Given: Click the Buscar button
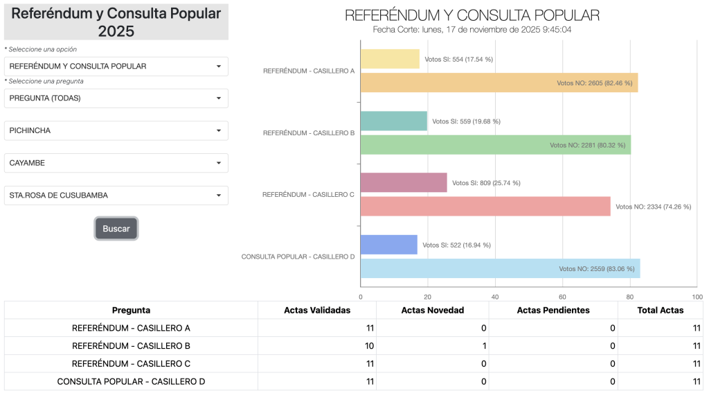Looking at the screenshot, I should click(x=116, y=229).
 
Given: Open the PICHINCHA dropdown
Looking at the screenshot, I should click(x=116, y=130).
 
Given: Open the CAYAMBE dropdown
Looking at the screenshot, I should click(x=116, y=163).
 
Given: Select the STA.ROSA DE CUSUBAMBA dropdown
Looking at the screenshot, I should click(x=116, y=196).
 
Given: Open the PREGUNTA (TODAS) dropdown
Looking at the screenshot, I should click(x=116, y=98).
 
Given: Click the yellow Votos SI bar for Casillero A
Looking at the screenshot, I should click(x=390, y=59).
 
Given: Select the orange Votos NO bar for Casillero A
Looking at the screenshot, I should click(x=499, y=83).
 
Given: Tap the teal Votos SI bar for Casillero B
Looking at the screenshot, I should click(x=393, y=121).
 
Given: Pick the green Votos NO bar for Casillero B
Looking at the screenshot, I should click(x=495, y=145).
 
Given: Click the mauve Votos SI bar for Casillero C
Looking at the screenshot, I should click(x=404, y=182).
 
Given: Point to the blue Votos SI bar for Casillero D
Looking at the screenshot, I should click(x=388, y=245).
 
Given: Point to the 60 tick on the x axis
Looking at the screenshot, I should click(x=563, y=297).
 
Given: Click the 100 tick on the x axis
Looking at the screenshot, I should click(x=697, y=297).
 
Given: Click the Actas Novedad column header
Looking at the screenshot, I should click(x=433, y=310).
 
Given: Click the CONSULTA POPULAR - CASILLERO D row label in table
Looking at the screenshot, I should click(x=131, y=381).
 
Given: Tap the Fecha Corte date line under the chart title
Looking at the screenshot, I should click(x=472, y=30).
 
